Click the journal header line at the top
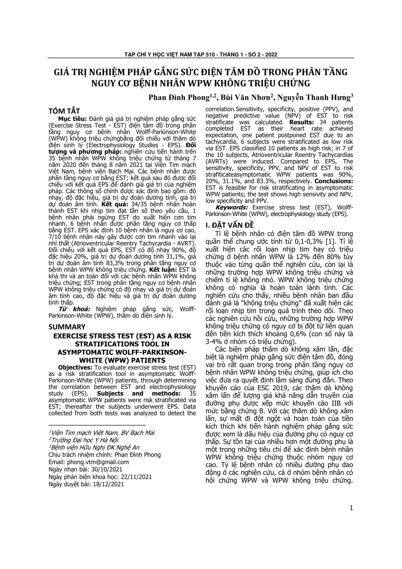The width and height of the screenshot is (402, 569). (201, 55)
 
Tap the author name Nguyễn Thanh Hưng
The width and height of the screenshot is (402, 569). (313, 98)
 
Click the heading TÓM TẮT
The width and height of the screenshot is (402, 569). (64, 111)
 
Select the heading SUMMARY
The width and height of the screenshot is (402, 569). (67, 327)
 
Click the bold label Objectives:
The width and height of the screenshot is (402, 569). (75, 367)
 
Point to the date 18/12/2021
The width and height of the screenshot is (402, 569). (110, 484)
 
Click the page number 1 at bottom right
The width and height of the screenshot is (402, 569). (351, 508)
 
